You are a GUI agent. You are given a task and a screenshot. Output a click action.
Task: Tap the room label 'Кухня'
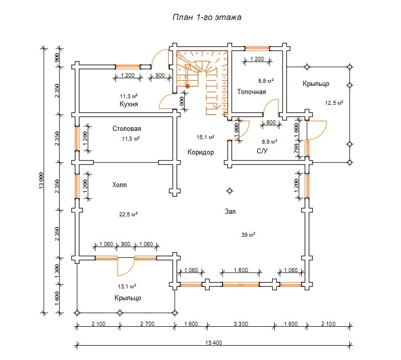[129, 104]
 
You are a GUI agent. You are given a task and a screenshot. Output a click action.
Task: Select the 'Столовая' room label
[127, 129]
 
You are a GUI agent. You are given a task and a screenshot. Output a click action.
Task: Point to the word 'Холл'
[118, 185]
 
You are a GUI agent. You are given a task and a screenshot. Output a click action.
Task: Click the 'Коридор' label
[201, 152]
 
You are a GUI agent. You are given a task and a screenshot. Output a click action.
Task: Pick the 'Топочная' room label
[251, 92]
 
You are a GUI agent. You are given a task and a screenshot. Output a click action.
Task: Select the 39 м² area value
[249, 235]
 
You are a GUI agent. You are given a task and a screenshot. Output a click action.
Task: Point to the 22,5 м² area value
[128, 214]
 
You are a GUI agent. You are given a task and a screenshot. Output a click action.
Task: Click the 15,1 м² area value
[205, 137]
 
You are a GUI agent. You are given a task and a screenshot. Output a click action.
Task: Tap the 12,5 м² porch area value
[333, 103]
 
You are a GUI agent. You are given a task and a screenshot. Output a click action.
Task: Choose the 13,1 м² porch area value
[126, 286]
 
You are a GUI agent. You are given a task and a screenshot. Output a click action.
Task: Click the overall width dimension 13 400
[213, 343]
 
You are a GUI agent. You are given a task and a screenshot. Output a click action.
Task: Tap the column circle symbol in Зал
[230, 191]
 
